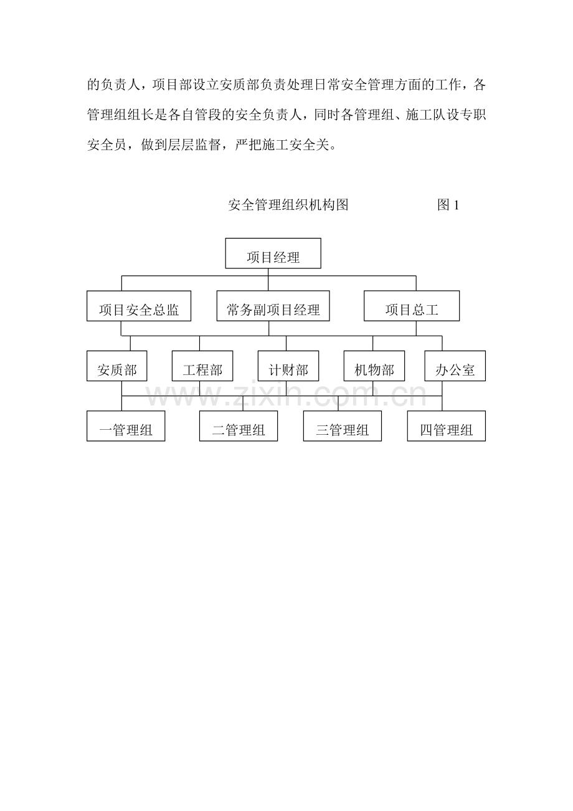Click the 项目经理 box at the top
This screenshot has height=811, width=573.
tap(273, 253)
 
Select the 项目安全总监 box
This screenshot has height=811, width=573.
tap(139, 306)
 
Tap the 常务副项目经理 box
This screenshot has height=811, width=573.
tap(273, 306)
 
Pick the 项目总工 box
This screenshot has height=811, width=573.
tap(412, 306)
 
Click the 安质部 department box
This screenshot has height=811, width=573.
tap(117, 366)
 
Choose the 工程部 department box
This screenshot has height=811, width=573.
tap(202, 366)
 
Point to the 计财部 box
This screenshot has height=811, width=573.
tap(288, 366)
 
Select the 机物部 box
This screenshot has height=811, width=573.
tap(374, 366)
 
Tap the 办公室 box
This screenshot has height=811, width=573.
tap(455, 366)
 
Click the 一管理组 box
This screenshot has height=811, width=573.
tap(126, 426)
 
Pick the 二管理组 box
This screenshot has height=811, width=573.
tap(239, 426)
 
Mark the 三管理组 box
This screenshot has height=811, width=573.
tap(343, 426)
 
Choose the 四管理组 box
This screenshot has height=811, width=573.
tap(447, 426)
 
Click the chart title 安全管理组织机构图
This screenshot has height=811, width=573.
tap(288, 205)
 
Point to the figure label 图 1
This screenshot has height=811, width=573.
tap(448, 205)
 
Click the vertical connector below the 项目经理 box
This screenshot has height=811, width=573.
tap(268, 280)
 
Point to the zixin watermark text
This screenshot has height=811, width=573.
tap(286, 395)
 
